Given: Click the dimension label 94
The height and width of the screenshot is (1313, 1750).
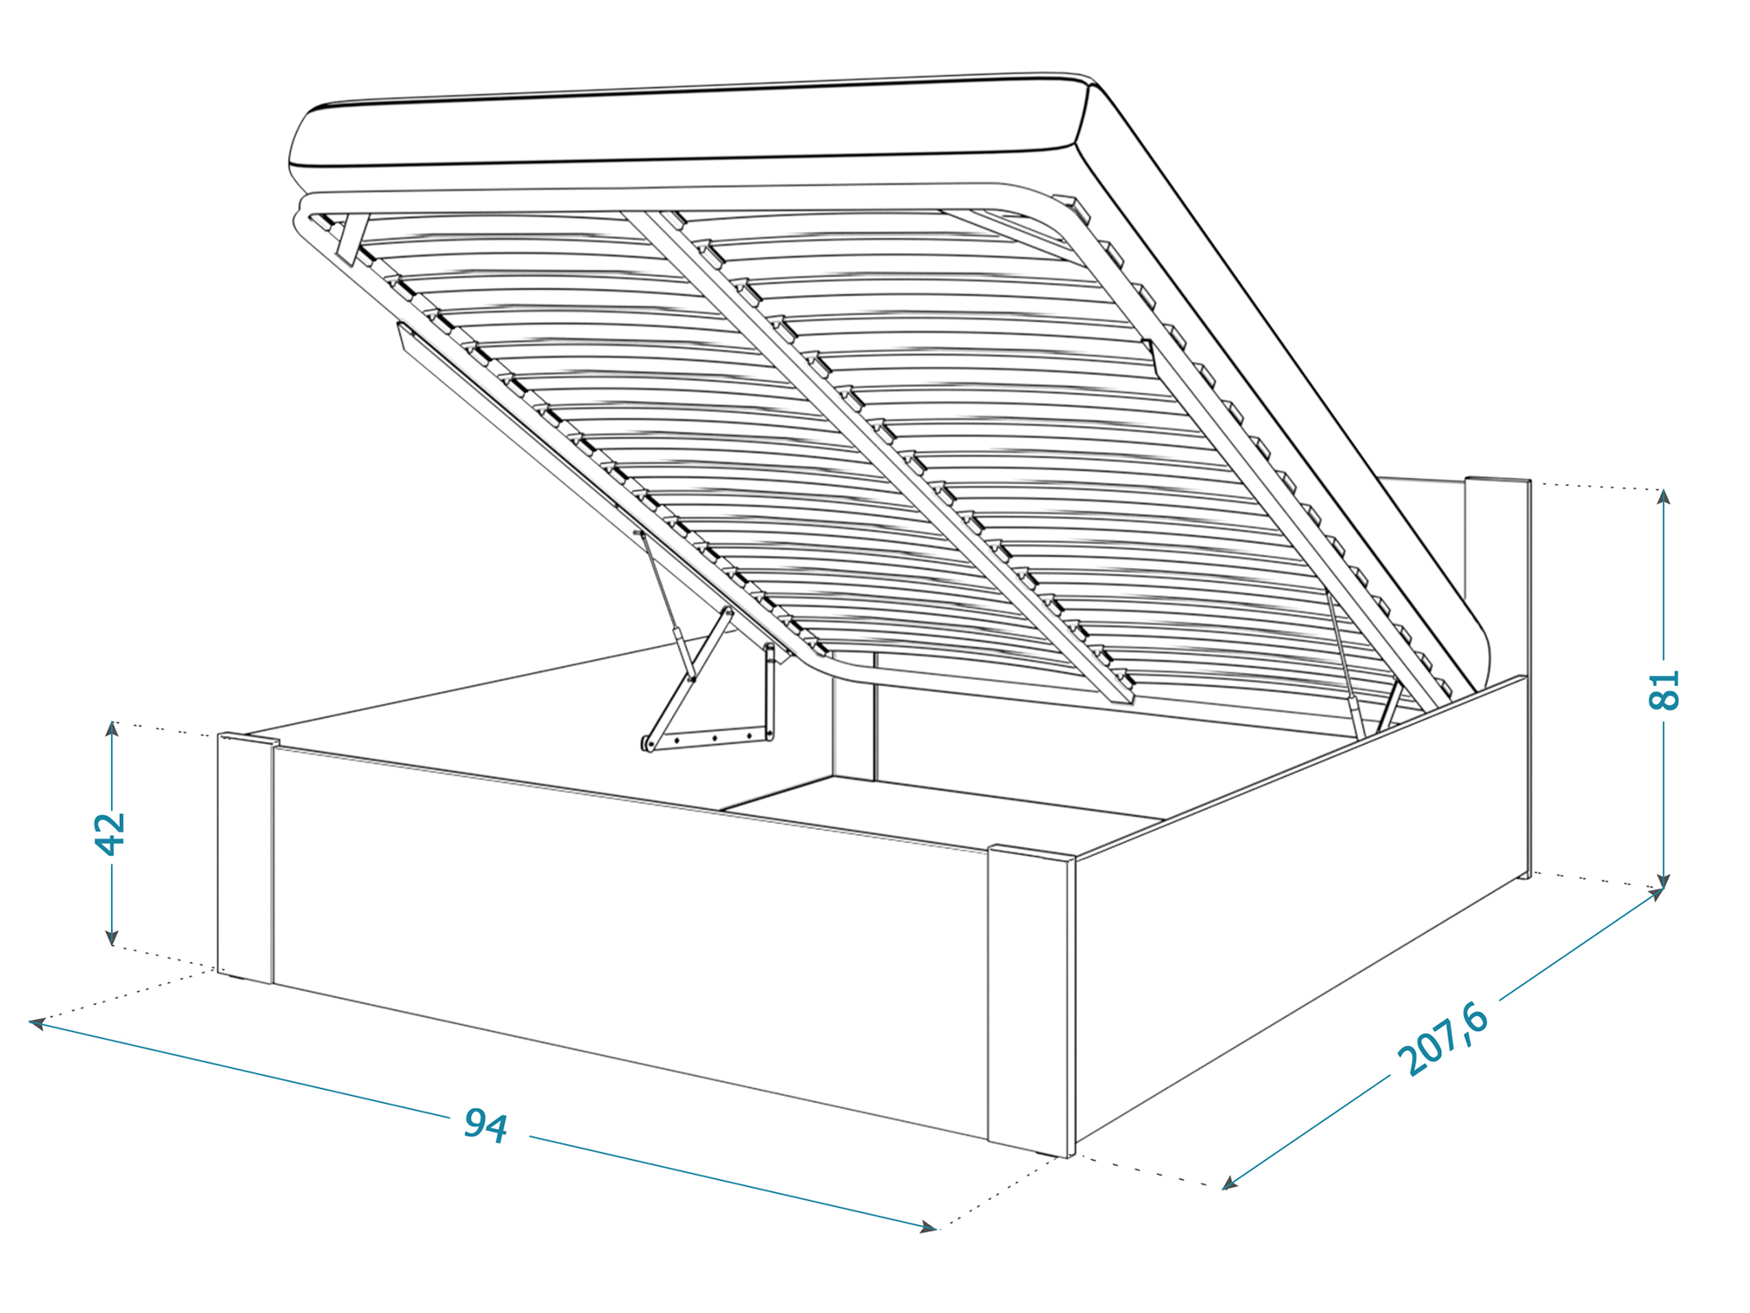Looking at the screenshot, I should (486, 1125).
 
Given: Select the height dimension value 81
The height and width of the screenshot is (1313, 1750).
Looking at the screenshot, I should (1664, 690).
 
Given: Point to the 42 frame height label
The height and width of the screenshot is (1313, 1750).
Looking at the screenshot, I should (111, 832).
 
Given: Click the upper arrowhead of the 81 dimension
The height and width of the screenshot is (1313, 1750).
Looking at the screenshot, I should (1664, 496).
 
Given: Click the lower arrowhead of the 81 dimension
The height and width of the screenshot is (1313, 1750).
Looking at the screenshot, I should (1664, 882).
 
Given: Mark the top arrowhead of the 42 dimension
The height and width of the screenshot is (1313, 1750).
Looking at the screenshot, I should (112, 729).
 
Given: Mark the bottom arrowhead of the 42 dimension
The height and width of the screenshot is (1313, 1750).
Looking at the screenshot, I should (112, 938).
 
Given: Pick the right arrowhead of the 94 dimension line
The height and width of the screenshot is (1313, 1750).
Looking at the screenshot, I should (928, 1228).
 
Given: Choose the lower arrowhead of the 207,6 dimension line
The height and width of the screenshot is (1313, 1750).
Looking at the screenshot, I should (1229, 1183).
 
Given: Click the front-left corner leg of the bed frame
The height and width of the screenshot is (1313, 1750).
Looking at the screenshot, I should (246, 858).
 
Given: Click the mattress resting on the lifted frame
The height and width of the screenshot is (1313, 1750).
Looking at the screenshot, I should (682, 127).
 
